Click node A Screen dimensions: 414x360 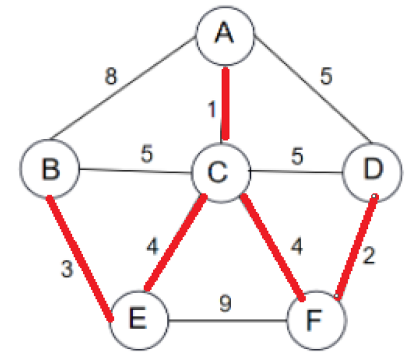225,35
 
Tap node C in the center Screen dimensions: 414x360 219,172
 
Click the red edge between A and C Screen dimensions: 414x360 225,103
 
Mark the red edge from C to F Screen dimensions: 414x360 272,247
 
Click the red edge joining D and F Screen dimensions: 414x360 355,246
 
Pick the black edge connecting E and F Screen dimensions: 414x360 228,319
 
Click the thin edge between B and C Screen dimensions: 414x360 135,172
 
